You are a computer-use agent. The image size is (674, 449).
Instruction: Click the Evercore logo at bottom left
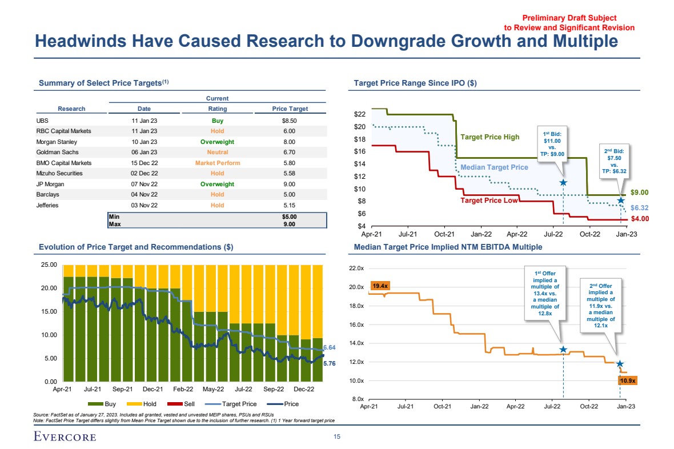64,437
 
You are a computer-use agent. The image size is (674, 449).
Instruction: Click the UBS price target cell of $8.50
290,121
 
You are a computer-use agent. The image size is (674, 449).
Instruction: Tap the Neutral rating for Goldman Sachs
217,152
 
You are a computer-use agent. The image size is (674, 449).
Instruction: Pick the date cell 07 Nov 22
144,184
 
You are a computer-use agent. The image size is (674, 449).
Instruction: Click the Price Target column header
290,109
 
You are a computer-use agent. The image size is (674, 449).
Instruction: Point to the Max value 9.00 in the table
290,224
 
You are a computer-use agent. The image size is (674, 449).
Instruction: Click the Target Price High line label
490,137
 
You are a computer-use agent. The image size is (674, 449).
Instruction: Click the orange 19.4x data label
380,285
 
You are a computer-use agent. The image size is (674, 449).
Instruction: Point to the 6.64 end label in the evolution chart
329,347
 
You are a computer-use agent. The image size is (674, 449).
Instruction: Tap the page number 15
336,436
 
